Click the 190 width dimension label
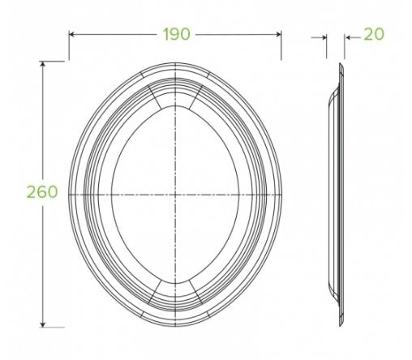click(175, 34)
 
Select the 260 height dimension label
click(41, 192)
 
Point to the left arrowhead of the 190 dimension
click(71, 34)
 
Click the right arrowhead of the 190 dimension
click(278, 34)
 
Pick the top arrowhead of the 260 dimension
click(43, 65)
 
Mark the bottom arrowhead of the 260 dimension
click(43, 324)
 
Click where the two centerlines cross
click(175, 195)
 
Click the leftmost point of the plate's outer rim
click(69, 195)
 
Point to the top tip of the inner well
click(175, 107)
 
